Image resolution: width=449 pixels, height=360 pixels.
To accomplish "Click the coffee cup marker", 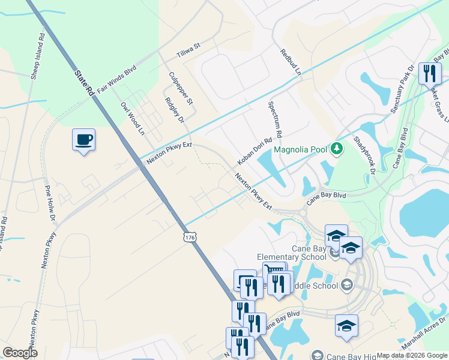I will (x=83, y=140).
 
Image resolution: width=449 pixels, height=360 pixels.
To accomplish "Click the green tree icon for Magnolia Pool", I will (x=337, y=148).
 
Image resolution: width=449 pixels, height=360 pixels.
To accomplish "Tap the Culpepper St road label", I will (x=181, y=88).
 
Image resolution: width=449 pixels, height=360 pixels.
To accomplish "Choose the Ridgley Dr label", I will (x=173, y=109).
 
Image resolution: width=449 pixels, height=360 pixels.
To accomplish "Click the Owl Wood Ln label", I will (x=133, y=118).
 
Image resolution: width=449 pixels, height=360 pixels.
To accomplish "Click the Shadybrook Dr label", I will (x=364, y=154).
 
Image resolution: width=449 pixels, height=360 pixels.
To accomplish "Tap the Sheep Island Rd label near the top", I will (x=38, y=55).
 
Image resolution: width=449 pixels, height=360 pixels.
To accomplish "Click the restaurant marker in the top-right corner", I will (x=429, y=74).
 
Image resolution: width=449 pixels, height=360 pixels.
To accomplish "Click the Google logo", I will (x=20, y=353).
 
